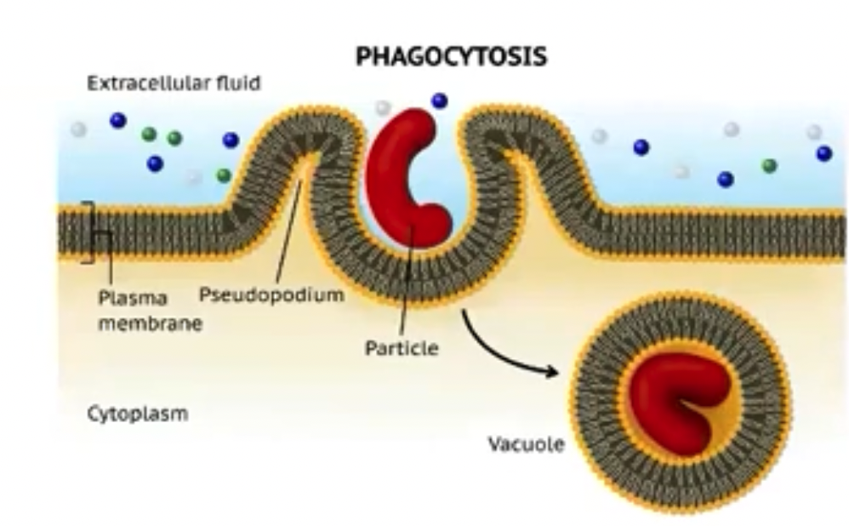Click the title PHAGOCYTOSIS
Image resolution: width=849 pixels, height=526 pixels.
coord(451,58)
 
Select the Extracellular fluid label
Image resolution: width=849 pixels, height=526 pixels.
coord(174,83)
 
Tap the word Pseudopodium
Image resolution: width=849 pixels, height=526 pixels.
coord(271,294)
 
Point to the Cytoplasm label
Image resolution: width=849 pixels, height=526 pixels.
coord(137,415)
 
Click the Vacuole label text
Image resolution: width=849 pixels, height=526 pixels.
coord(526,443)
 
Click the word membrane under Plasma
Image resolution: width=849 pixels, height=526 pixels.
coord(150,323)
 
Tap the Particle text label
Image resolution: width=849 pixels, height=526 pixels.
coord(402,348)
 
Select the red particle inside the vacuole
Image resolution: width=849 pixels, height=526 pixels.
coord(677,400)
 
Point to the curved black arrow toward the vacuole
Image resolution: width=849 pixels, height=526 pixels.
coord(502,349)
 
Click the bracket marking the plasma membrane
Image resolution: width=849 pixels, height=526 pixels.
coord(87,232)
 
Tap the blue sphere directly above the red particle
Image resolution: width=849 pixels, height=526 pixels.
coord(439,100)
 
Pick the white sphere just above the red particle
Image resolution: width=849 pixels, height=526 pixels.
coord(384,107)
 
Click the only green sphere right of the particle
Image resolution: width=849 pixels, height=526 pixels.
coord(769,165)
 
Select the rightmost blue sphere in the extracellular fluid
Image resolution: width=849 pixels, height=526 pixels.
coord(823,153)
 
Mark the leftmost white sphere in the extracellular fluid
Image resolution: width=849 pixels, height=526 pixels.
coord(78,129)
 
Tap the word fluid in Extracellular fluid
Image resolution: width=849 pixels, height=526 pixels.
coord(239,83)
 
